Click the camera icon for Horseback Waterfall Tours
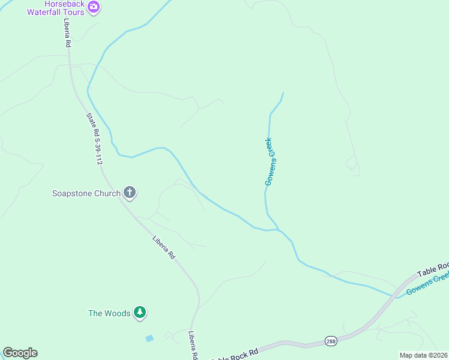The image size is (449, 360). tap(93, 7)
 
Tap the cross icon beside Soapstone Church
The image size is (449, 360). tap(129, 193)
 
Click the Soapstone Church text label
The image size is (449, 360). tap(86, 193)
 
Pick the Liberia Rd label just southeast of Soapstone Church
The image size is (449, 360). tap(163, 247)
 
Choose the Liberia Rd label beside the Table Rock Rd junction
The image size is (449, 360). tap(193, 346)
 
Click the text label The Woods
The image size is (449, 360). tap(109, 313)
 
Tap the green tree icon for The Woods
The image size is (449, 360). tap(140, 312)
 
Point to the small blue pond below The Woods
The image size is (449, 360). tap(149, 338)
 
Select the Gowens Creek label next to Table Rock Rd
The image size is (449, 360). tap(427, 284)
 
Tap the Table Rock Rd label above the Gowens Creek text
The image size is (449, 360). tap(433, 268)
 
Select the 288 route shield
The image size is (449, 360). tap(331, 341)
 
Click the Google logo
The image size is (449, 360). tap(20, 353)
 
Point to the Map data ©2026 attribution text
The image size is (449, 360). tap(423, 355)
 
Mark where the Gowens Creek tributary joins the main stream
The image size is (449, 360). tap(278, 229)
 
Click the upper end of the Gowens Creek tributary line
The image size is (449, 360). tap(283, 93)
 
